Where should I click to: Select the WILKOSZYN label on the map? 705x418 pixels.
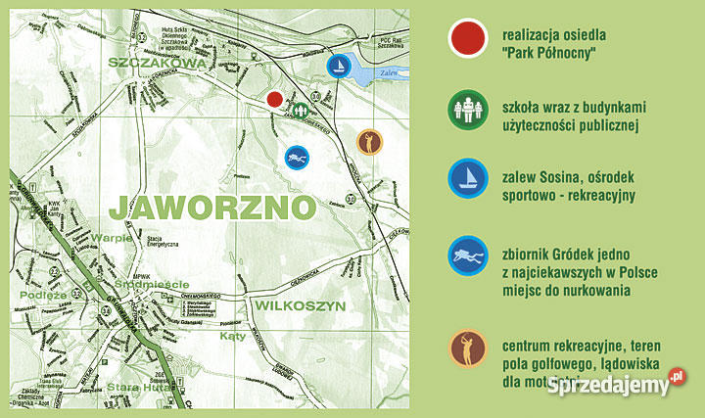[300, 306]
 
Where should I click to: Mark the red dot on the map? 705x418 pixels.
[275, 98]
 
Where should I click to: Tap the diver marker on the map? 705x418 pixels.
[297, 156]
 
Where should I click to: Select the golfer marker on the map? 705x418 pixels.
[368, 142]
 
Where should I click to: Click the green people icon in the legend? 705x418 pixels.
[469, 110]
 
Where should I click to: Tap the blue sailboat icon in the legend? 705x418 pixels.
[469, 180]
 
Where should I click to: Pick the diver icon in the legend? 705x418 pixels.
[469, 257]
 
